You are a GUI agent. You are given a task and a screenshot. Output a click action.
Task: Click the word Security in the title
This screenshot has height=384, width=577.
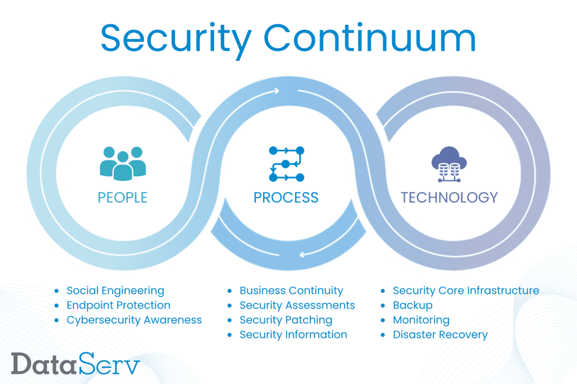176,40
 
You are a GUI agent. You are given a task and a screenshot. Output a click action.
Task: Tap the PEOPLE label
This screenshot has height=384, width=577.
122,198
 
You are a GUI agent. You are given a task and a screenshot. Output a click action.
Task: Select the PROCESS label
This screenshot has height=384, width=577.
286,198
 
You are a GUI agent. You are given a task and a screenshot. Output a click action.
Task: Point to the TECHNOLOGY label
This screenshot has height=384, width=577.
449,198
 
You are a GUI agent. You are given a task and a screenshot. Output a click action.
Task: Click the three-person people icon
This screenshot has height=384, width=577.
123,164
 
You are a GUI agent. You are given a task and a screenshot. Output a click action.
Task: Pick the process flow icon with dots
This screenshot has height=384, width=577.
287,164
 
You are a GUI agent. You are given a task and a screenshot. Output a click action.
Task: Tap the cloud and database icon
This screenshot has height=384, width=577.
449,164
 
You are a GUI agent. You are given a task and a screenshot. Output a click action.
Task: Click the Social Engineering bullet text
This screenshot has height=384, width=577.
116,291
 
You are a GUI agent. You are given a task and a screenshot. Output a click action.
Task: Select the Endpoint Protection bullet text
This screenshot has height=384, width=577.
118,305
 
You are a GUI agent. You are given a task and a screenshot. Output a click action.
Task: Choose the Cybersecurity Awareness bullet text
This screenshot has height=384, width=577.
134,320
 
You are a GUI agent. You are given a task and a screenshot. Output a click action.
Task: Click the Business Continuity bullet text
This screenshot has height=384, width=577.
291,291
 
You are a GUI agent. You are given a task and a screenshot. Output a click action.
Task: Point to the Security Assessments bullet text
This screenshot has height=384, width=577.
298,305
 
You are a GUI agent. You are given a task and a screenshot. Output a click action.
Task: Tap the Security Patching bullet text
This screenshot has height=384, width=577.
286,320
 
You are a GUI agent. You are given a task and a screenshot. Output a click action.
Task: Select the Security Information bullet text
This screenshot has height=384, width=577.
293,334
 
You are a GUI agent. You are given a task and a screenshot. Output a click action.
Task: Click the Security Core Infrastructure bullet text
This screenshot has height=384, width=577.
466,291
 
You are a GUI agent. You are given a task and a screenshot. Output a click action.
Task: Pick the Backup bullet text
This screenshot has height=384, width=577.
412,305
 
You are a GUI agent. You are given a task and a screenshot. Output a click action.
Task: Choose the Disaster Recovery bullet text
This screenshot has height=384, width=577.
440,334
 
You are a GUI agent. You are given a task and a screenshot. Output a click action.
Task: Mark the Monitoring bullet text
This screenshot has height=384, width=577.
421,320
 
